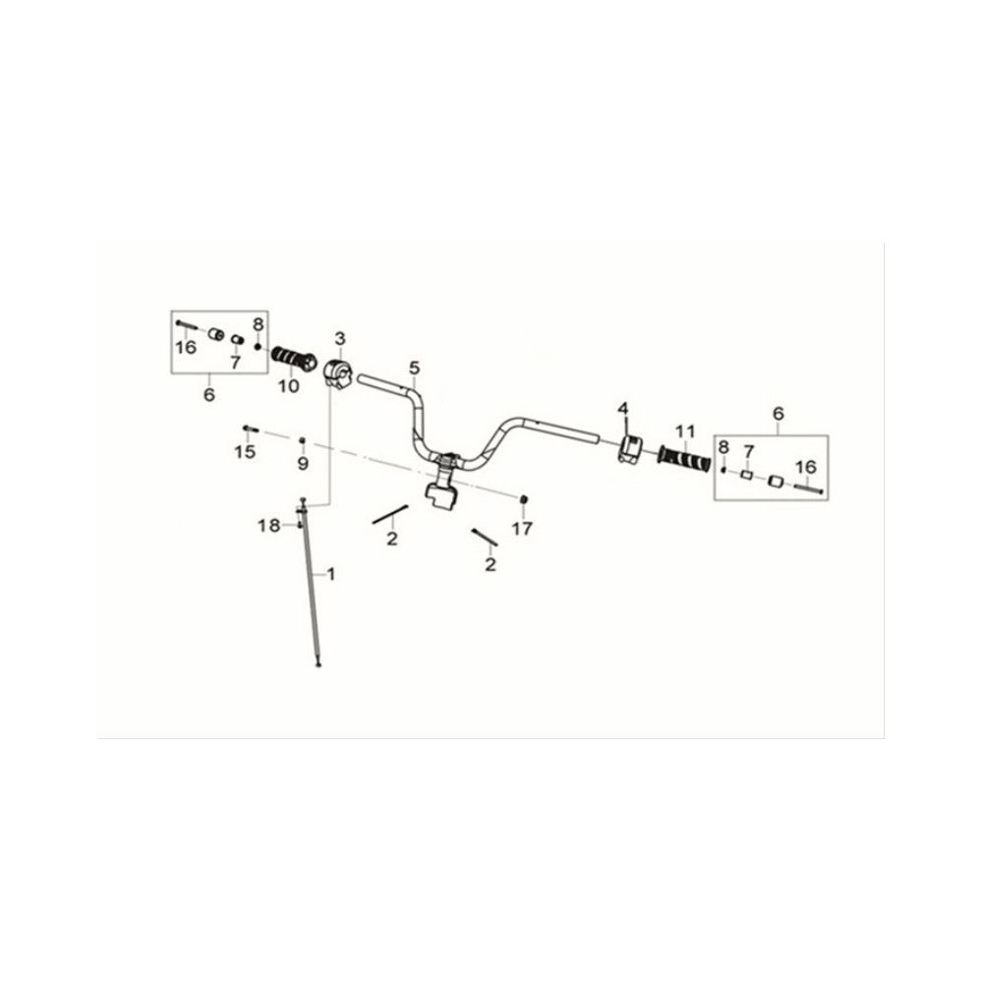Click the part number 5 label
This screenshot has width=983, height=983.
tap(414, 368)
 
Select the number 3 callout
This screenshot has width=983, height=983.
tap(340, 338)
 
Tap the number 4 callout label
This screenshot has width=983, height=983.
tap(622, 409)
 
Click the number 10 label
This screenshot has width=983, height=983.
tap(289, 386)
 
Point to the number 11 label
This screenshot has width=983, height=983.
tap(685, 432)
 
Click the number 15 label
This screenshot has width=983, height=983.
tap(245, 451)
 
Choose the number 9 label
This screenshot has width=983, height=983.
tap(303, 464)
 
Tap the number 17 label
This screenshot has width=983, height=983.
tap(522, 529)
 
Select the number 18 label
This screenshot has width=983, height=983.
tap(269, 525)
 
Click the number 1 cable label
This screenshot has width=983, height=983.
tap(331, 574)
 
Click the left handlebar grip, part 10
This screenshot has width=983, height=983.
tap(294, 359)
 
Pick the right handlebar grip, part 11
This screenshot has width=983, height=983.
tap(684, 460)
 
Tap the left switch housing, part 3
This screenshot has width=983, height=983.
tap(339, 374)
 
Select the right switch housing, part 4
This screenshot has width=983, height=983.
tap(630, 448)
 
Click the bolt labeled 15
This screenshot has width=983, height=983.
tap(250, 429)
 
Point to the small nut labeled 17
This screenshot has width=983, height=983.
tap(522, 499)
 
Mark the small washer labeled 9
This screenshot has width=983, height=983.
tap(302, 440)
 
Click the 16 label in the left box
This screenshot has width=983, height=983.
tap(186, 347)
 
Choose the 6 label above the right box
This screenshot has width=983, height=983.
tap(778, 414)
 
